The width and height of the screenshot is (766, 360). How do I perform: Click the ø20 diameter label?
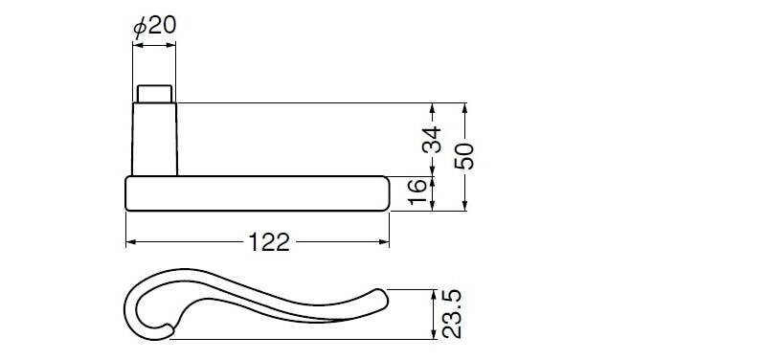pyautogui.click(x=154, y=26)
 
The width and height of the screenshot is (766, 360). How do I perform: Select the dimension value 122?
pyautogui.click(x=269, y=242)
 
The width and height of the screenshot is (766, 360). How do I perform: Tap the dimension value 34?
pyautogui.click(x=432, y=139)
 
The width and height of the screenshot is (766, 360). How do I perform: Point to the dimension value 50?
pyautogui.click(x=464, y=156)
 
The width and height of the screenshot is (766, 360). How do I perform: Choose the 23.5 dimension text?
pyautogui.click(x=451, y=314)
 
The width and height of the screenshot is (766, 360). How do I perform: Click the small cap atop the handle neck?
pyautogui.click(x=154, y=94)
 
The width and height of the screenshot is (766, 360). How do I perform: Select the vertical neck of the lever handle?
pyautogui.click(x=154, y=139)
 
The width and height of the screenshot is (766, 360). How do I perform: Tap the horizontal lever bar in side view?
pyautogui.click(x=258, y=193)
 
